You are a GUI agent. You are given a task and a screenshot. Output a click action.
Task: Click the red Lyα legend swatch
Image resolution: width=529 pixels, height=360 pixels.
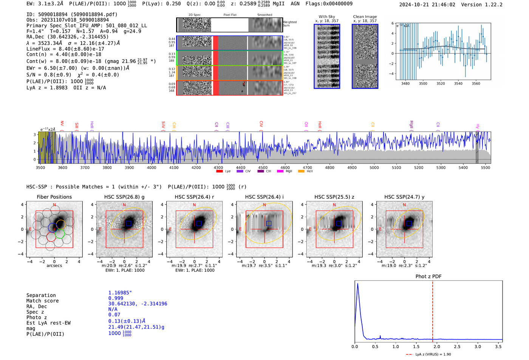coord(219,172)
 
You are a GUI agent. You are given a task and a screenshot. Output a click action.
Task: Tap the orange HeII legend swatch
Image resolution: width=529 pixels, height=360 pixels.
coord(301,172)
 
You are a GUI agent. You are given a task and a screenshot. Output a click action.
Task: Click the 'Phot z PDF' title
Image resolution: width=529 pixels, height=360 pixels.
coord(428,277)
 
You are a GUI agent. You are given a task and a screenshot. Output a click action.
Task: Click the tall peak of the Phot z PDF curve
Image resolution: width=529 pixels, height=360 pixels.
coord(357,284)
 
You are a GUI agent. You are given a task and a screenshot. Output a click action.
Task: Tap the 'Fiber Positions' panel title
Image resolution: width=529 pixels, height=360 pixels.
coord(54,197)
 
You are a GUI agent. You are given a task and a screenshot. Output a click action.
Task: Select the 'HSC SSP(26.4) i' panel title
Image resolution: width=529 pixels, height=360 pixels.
coord(264,197)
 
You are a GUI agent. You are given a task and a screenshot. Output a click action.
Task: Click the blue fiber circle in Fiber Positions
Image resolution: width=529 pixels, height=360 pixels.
coord(53,228)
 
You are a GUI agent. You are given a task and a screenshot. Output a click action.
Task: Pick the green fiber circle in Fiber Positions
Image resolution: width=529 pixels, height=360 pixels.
coord(60,234)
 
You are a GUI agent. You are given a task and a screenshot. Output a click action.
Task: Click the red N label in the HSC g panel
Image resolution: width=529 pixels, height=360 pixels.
coord(124,205)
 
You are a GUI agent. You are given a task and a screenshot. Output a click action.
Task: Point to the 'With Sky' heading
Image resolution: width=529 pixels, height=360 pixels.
coord(327,17)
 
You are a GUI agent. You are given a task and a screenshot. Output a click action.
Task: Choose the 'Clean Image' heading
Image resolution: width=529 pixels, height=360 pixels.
coord(365,17)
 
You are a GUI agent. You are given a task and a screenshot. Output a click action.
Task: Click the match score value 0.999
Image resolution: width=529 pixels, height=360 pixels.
coord(116,298)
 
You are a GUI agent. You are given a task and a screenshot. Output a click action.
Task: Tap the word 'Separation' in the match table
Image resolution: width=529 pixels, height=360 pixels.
coord(41,295)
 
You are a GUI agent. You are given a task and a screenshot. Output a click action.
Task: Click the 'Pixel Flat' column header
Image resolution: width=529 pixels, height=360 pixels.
coord(230,15)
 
